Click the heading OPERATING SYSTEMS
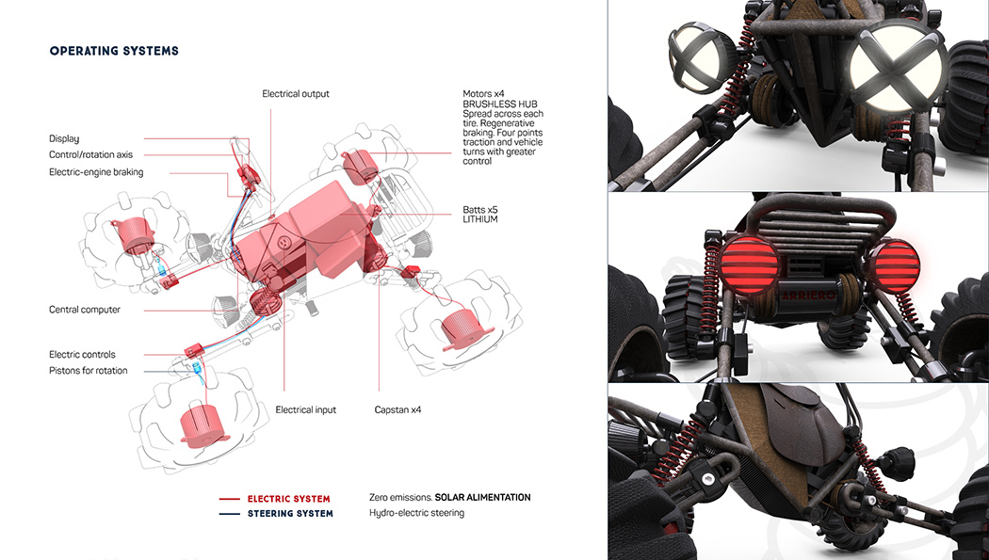click(114, 51)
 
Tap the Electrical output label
click(296, 94)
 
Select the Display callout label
click(64, 138)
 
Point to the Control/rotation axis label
click(90, 155)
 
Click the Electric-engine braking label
click(96, 172)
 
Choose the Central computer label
click(85, 310)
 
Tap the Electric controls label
click(82, 355)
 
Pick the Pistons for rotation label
click(88, 371)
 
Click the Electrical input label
click(305, 410)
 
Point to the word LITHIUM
click(480, 219)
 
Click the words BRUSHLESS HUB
click(499, 104)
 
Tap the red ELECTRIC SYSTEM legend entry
click(288, 499)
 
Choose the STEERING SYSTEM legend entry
click(290, 514)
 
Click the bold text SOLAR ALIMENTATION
click(482, 497)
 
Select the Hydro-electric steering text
click(416, 513)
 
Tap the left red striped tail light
click(750, 266)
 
